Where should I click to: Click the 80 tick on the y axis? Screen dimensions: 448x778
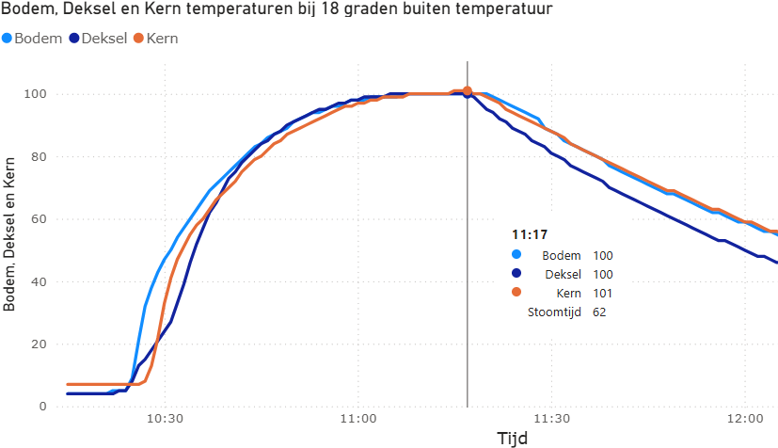[40, 156]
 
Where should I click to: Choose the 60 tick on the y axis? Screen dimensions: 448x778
[40, 219]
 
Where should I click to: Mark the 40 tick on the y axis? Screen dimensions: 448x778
[40, 281]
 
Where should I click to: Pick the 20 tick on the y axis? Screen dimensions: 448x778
[40, 344]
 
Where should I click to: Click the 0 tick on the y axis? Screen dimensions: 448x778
[44, 407]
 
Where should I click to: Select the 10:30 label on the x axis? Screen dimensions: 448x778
[165, 419]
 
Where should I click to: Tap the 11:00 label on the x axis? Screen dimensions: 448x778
[358, 419]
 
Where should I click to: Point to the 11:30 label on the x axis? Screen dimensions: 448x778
[552, 419]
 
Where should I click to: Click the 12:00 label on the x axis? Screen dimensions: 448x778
[745, 419]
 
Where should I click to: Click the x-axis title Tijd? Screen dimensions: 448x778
[512, 438]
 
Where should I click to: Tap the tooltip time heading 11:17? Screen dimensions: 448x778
[530, 234]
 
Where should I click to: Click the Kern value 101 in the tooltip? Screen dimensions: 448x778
[603, 294]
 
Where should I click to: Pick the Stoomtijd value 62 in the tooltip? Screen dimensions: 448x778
[599, 312]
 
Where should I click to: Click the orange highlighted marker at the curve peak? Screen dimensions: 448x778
[468, 91]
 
